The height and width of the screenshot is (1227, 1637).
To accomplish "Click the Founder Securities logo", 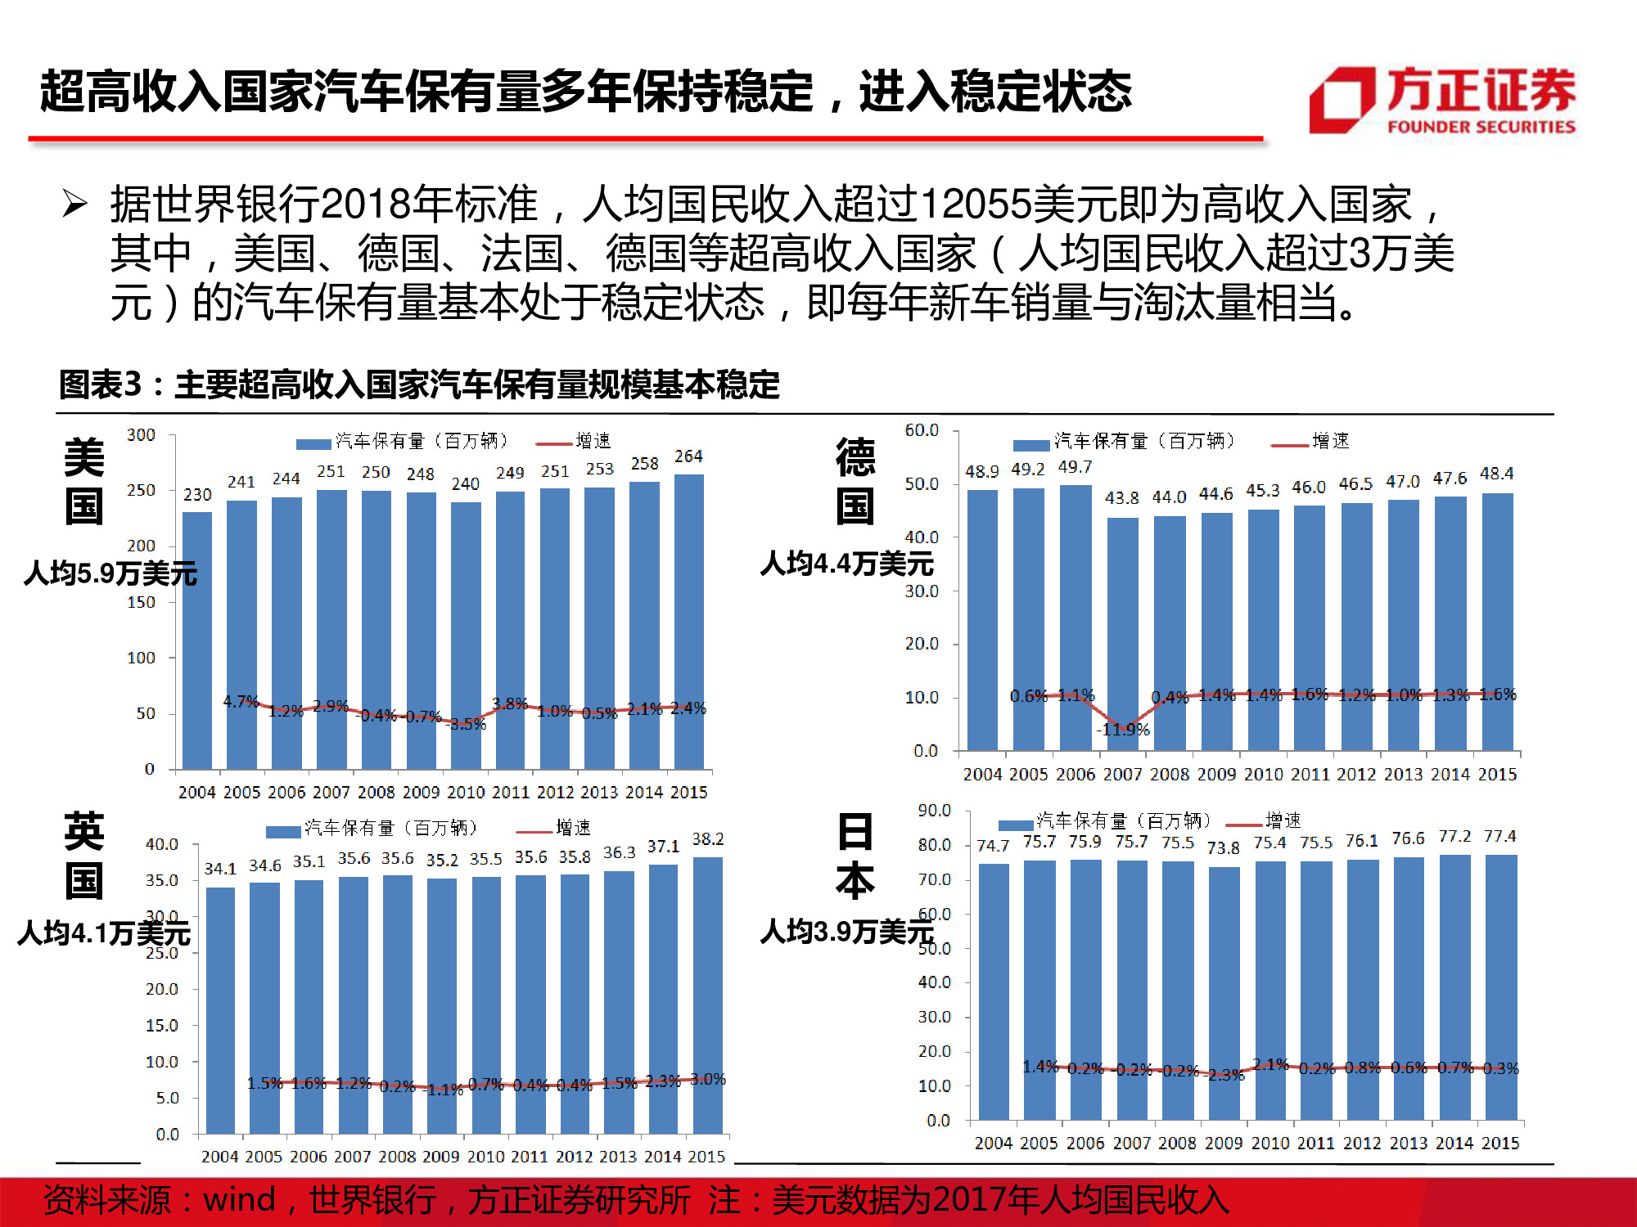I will tap(1442, 100).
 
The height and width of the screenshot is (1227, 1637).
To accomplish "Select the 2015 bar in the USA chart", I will tap(688, 622).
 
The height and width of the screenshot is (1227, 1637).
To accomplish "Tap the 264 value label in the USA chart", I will tap(688, 456).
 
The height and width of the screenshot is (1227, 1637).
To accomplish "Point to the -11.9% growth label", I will tap(1124, 730).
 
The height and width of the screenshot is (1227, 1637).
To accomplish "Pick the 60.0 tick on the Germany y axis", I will tap(922, 430).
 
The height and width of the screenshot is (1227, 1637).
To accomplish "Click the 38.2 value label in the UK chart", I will tap(708, 839).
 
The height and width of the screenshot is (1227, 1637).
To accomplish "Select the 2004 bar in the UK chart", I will tap(220, 1010).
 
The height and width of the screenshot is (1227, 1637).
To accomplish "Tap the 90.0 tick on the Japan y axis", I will tap(934, 810).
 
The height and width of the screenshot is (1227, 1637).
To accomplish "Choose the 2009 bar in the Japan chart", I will tap(1224, 993).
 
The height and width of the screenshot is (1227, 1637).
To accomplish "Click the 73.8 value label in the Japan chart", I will tap(1224, 848).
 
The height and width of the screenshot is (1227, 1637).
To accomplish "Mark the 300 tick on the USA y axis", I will tap(141, 435).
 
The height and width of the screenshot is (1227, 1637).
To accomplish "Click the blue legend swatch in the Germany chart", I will tap(1031, 445).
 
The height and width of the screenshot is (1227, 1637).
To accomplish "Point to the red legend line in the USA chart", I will tap(553, 443).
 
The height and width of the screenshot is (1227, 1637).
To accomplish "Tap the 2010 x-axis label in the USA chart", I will tap(466, 792).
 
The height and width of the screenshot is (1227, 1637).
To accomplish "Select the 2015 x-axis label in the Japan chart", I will tap(1500, 1143).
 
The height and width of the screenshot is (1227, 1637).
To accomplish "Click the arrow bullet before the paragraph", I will tap(74, 203).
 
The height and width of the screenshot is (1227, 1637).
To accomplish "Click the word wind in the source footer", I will tap(239, 1200).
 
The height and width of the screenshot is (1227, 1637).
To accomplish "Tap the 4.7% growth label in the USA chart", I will tap(241, 702).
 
